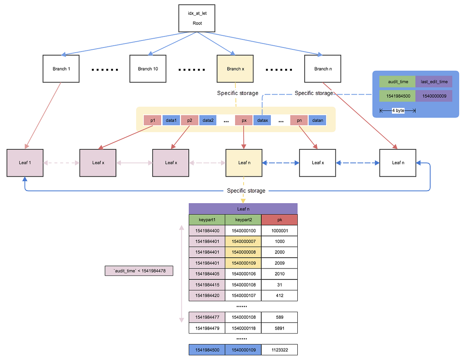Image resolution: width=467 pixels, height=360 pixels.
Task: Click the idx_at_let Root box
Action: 197,18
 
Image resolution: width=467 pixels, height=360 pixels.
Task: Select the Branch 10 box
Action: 148,69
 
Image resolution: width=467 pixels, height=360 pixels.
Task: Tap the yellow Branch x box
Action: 235,69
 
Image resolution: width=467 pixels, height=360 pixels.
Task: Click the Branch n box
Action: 323,69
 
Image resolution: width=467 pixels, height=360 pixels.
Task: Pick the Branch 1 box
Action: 61,69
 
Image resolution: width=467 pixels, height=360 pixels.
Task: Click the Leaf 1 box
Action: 25,163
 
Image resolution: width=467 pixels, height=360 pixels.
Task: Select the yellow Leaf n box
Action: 244,163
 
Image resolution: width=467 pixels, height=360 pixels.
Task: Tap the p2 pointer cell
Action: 190,121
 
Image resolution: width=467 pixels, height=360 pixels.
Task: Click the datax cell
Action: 263,121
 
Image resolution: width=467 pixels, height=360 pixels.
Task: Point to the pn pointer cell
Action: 299,121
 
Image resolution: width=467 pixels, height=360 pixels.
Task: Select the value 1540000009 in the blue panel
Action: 434,96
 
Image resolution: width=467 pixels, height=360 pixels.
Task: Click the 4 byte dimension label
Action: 398,111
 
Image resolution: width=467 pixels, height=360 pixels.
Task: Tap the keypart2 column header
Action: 243,220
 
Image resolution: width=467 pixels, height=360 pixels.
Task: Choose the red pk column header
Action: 279,220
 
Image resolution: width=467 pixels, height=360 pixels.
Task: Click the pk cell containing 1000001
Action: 279,231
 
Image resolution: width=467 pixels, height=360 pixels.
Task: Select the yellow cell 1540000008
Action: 243,252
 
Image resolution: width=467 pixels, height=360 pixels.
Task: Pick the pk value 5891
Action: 279,328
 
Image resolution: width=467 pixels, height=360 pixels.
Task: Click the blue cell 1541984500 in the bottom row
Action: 207,350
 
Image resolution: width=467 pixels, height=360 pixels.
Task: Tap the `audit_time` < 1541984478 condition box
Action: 139,270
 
